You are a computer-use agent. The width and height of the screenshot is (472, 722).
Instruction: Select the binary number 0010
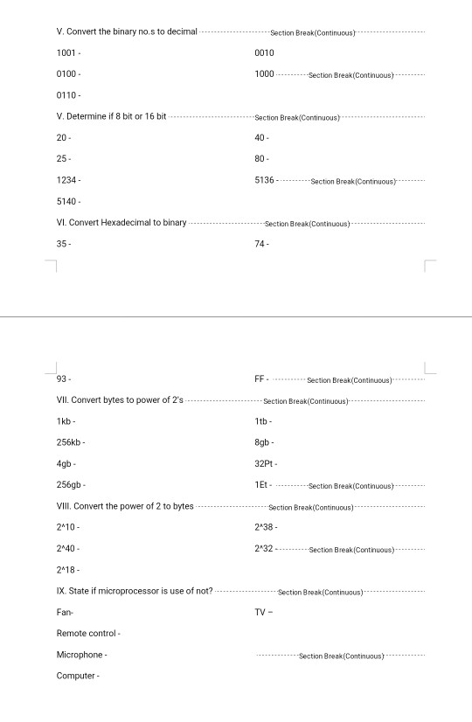pos(264,53)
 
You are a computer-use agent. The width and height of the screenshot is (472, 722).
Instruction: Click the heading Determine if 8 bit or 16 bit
pos(111,116)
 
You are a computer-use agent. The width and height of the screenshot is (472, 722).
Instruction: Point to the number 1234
pos(66,180)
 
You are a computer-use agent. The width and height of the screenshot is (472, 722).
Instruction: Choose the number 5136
pos(264,180)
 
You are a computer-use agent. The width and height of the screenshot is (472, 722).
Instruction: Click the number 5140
pos(66,201)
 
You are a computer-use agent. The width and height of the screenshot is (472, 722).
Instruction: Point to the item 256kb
pos(69,442)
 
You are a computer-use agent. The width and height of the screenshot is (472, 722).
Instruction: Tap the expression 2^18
pos(67,570)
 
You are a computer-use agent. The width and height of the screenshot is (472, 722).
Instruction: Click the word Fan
pos(64,612)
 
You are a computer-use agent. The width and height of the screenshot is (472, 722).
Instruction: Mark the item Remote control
pos(86,633)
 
